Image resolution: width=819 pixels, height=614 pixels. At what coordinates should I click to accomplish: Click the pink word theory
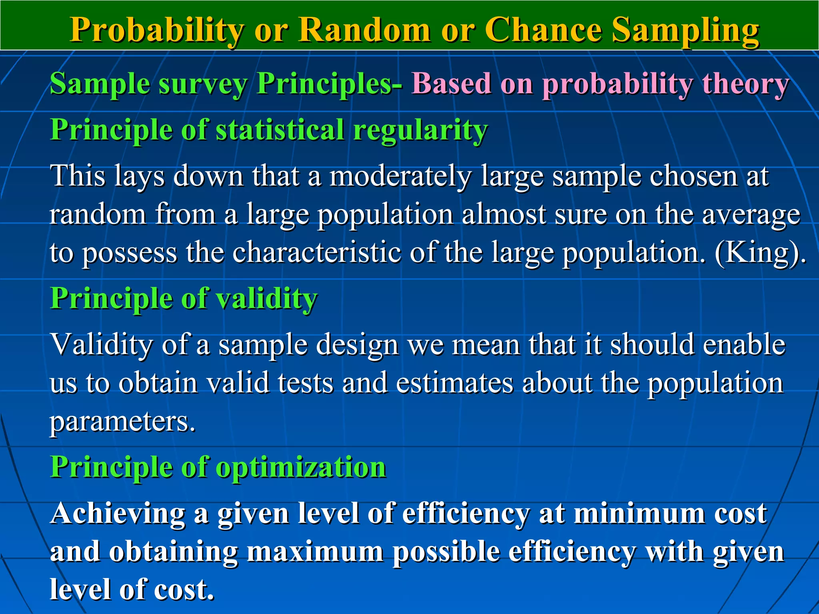click(745, 84)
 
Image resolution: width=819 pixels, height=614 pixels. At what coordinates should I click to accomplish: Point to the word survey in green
click(203, 84)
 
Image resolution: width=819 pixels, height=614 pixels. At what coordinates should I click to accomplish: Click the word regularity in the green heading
click(420, 130)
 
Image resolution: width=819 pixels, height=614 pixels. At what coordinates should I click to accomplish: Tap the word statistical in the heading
click(280, 130)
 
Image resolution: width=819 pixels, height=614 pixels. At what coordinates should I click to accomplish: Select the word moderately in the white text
click(400, 176)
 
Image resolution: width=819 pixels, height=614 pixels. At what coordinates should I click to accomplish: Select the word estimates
click(454, 383)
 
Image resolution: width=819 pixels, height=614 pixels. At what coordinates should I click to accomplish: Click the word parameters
click(122, 422)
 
